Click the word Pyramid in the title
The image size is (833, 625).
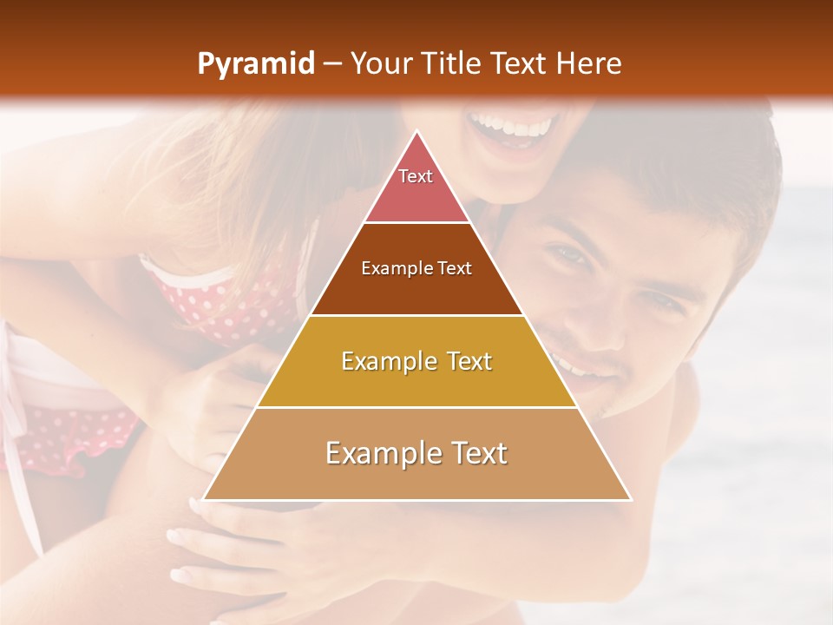(255, 64)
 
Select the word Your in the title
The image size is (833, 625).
(381, 63)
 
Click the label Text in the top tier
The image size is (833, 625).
(416, 176)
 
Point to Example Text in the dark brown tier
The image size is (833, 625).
(416, 268)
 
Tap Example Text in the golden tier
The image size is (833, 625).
(416, 361)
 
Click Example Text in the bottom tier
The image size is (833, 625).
(416, 453)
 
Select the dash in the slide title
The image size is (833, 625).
(331, 64)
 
